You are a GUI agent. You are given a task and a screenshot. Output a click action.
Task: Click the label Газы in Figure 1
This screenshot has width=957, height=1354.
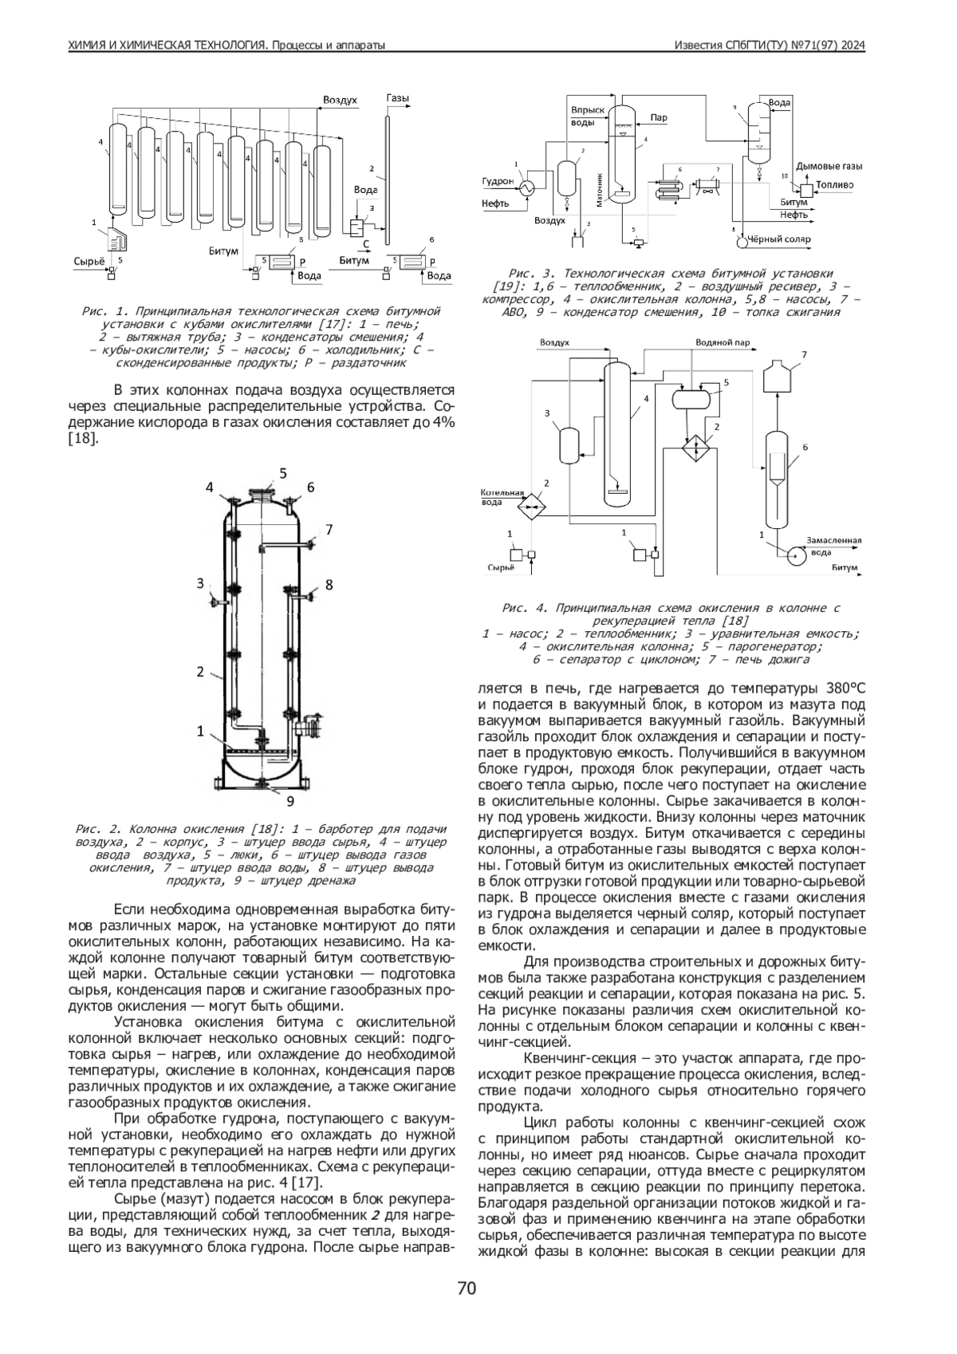coord(397,97)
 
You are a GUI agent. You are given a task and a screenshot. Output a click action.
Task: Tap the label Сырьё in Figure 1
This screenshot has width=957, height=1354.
coord(89,261)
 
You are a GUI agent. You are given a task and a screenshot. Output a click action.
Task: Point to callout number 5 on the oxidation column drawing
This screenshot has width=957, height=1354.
coord(282,472)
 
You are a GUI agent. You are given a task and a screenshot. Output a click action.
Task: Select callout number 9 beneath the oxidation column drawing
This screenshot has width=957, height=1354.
coord(290,801)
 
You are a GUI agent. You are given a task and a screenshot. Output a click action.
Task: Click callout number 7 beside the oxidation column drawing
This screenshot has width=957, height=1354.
coord(329,530)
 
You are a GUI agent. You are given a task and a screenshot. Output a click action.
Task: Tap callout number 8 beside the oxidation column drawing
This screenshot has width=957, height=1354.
coord(329,585)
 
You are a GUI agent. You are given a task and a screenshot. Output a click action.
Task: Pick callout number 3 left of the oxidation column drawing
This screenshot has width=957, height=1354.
coord(200,583)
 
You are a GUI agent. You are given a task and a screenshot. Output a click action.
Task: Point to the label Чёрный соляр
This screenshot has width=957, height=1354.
coord(779,239)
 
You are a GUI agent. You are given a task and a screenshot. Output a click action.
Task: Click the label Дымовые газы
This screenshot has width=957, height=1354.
coord(829,166)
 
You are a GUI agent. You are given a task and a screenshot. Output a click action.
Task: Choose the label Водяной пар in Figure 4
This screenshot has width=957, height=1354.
coord(723,343)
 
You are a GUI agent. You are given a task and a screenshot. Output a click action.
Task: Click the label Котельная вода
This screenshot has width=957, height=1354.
coord(502,497)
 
